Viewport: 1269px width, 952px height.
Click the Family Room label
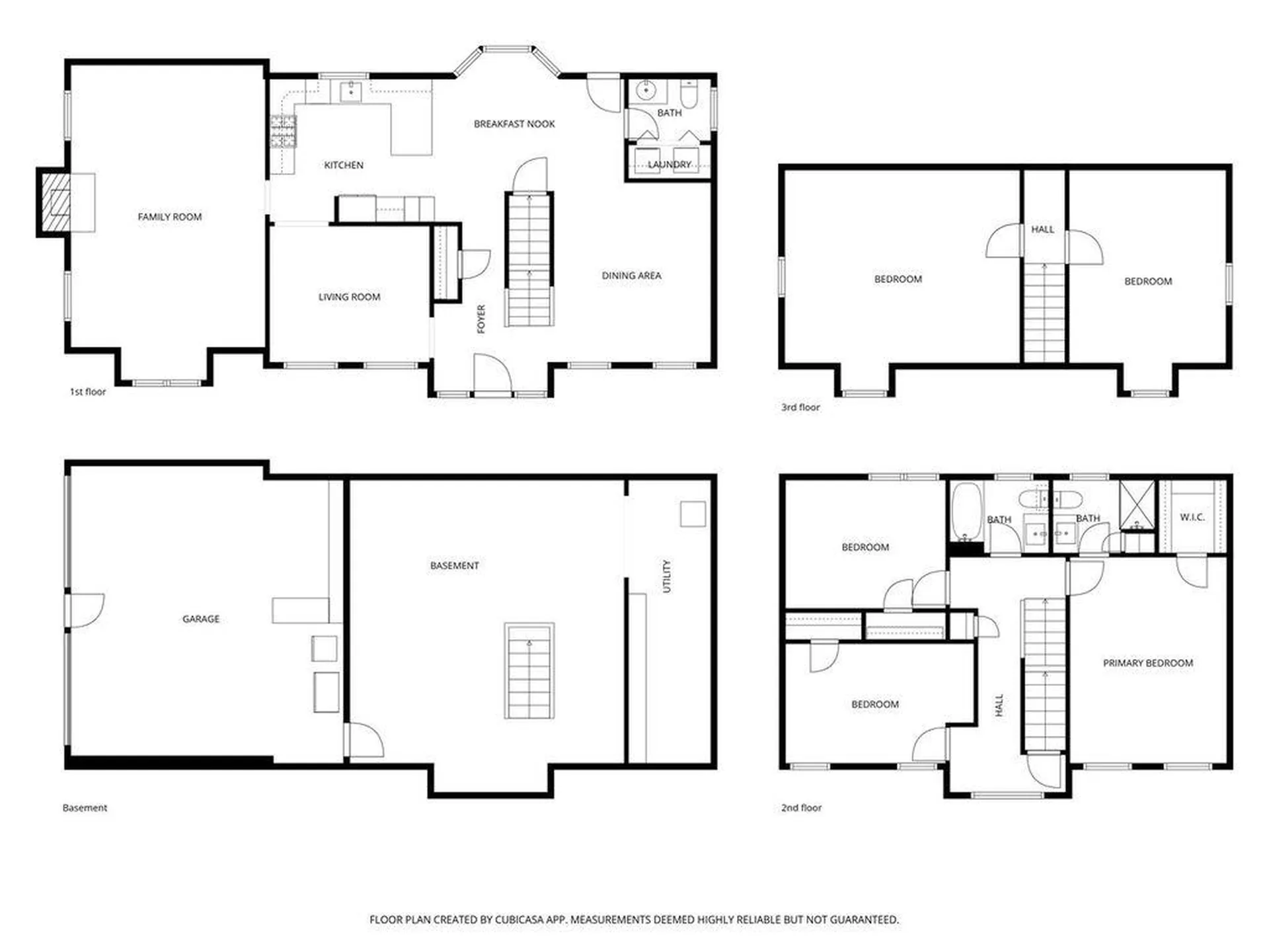click(x=170, y=217)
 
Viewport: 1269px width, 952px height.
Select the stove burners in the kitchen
click(x=283, y=131)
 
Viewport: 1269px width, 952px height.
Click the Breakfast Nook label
click(x=514, y=124)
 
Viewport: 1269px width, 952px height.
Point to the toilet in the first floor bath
click(x=689, y=95)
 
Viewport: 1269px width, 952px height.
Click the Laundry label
click(x=670, y=164)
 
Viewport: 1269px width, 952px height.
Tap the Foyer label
click(x=481, y=319)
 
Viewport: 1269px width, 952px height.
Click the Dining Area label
click(x=631, y=276)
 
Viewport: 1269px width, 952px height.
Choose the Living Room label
click(x=349, y=297)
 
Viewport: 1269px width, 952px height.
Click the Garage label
click(x=201, y=619)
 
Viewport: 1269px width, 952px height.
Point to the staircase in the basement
click(x=529, y=670)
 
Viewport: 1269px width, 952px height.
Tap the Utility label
click(x=667, y=576)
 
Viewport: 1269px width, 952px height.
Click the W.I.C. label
click(x=1192, y=517)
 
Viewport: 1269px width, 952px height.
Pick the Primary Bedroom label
click(x=1148, y=663)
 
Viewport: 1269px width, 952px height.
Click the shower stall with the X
click(x=1137, y=506)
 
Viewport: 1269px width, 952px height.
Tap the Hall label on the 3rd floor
click(x=1043, y=229)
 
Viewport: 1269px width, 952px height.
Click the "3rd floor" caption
click(x=800, y=407)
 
